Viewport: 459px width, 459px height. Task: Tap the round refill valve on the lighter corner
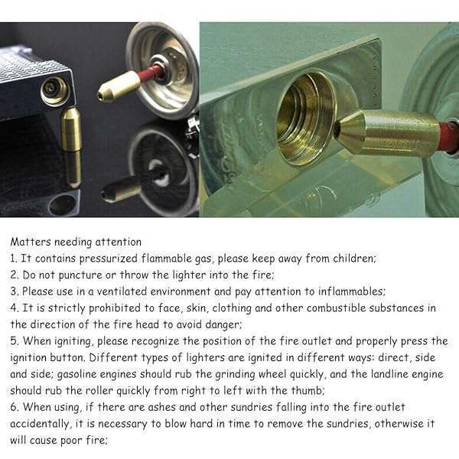pos(55,90)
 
